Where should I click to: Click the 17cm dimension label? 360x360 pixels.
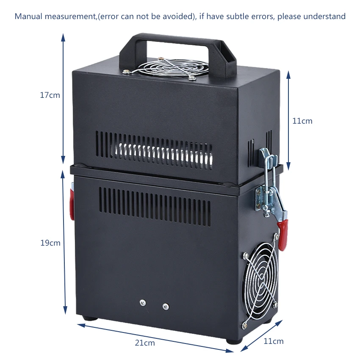[x=50, y=95]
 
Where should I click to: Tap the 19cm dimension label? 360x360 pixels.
[x=50, y=243]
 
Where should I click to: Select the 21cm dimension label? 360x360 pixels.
[x=145, y=343]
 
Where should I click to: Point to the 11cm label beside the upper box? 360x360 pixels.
[x=302, y=121]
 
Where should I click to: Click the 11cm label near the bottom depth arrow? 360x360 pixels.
[x=274, y=341]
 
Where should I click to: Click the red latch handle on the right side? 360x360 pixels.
[x=283, y=235]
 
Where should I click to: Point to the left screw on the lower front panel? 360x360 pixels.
[x=143, y=302]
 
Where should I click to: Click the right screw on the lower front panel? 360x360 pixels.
[x=166, y=306]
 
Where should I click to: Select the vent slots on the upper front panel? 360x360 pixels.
[x=154, y=150]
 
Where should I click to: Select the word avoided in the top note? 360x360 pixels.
[x=178, y=16]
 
